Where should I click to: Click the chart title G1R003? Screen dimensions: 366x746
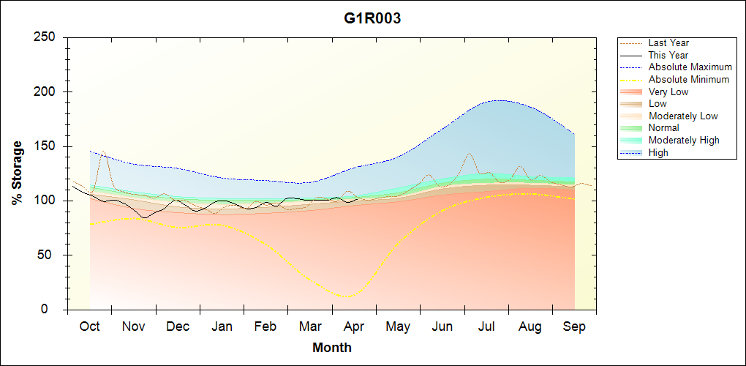point(372,19)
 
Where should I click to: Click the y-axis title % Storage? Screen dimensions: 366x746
point(18,173)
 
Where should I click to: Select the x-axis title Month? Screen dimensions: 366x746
point(332,348)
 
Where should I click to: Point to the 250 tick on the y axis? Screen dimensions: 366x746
point(45,37)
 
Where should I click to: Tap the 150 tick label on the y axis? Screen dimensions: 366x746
point(45,146)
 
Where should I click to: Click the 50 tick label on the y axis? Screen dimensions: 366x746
point(50,255)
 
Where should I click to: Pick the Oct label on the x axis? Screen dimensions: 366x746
point(90,326)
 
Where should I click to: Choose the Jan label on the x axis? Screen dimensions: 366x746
point(222,326)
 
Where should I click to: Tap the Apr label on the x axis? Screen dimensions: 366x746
point(354,326)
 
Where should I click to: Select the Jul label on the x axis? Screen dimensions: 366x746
point(486,326)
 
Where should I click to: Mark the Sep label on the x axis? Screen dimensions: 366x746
point(575,326)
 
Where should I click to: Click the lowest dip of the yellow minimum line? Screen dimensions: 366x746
point(347,296)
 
